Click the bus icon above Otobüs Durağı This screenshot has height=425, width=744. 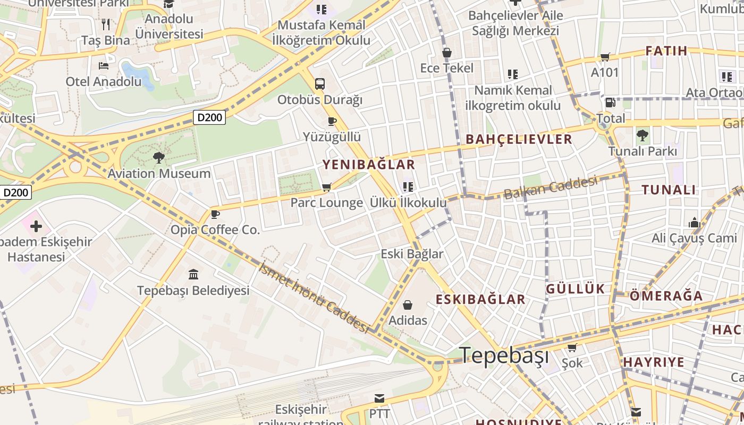click(x=320, y=83)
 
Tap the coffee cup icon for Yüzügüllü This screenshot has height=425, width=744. click(x=332, y=121)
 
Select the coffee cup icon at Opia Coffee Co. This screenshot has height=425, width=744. click(x=215, y=214)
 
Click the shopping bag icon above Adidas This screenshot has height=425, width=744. click(x=408, y=305)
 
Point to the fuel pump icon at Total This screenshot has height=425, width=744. click(x=611, y=103)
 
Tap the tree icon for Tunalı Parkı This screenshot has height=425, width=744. click(x=642, y=135)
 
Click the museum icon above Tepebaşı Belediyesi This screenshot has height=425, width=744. click(x=193, y=275)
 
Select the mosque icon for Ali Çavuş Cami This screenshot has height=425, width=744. click(x=695, y=223)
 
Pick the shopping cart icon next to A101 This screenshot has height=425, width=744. click(x=605, y=57)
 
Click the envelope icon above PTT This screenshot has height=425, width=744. click(x=379, y=398)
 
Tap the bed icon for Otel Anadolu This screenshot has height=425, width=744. click(x=104, y=66)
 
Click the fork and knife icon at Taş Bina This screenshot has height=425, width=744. click(x=106, y=24)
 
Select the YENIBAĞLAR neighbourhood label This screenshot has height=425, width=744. click(x=369, y=165)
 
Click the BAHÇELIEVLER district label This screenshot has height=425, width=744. click(x=519, y=139)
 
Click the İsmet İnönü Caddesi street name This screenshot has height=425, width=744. click(x=314, y=297)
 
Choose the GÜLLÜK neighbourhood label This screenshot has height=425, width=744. click(x=576, y=289)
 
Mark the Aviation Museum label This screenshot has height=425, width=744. click(x=159, y=174)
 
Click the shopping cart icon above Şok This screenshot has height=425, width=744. click(x=572, y=348)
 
